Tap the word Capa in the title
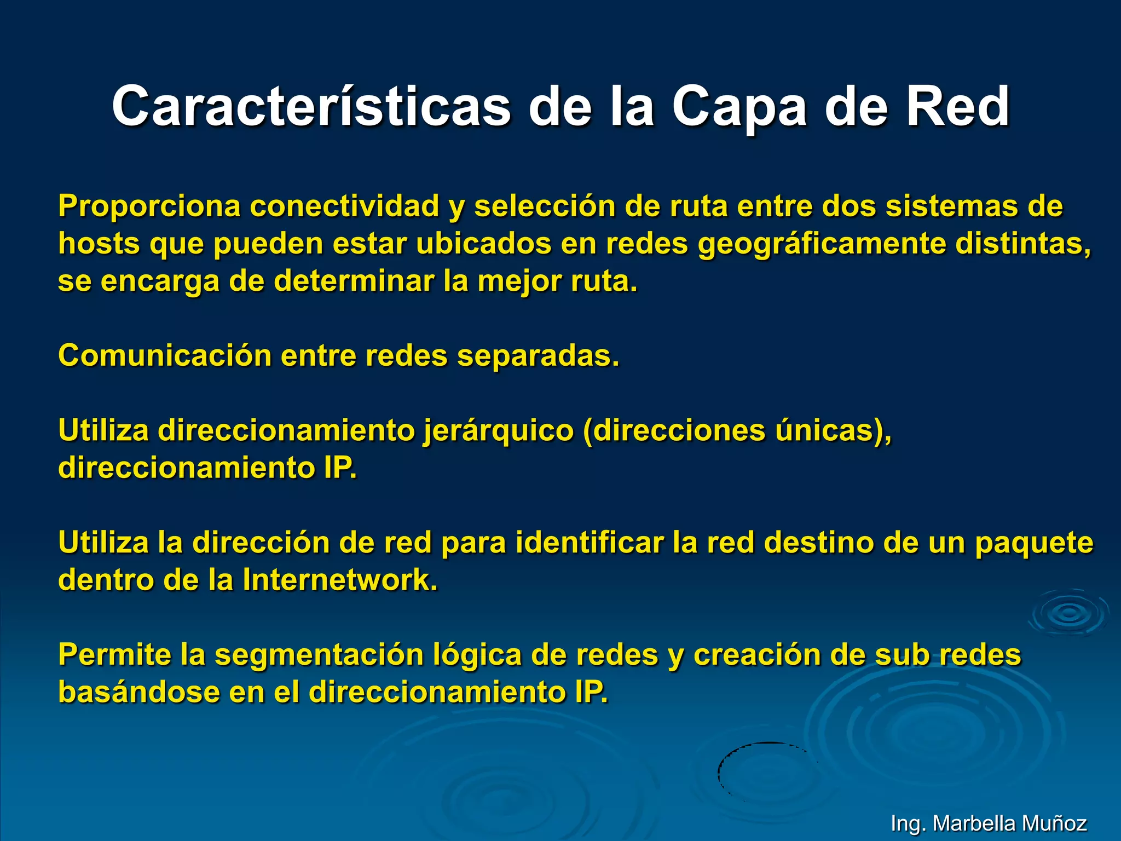click(739, 107)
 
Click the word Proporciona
click(149, 206)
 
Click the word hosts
click(99, 244)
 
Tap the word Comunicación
click(165, 356)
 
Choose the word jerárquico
click(498, 431)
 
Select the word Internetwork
click(340, 580)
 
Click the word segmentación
click(319, 655)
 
